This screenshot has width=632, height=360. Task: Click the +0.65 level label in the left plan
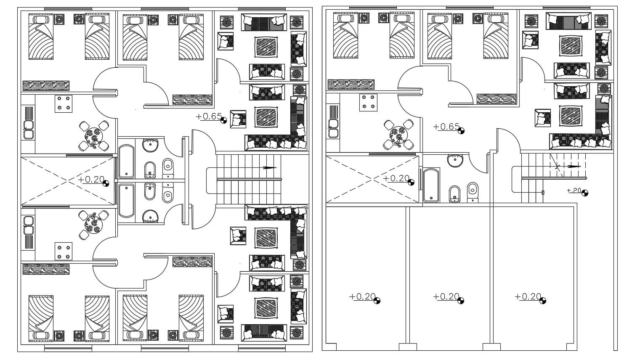pos(209,116)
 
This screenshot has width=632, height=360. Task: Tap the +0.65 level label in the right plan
pos(446,127)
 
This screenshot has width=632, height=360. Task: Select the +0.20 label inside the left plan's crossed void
pos(91,180)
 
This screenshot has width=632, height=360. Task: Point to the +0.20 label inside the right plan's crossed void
pos(396,178)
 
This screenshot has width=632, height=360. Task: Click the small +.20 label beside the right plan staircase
pos(574,191)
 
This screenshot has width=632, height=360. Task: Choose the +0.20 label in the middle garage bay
pos(446,296)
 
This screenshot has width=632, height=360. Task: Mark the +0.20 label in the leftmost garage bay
pos(362,296)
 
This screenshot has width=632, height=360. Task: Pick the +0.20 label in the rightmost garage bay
pos(528,296)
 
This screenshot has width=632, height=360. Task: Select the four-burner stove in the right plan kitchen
pos(368,103)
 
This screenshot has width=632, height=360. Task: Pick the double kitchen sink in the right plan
pos(333,129)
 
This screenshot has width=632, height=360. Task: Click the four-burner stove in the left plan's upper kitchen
pos(63,103)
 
